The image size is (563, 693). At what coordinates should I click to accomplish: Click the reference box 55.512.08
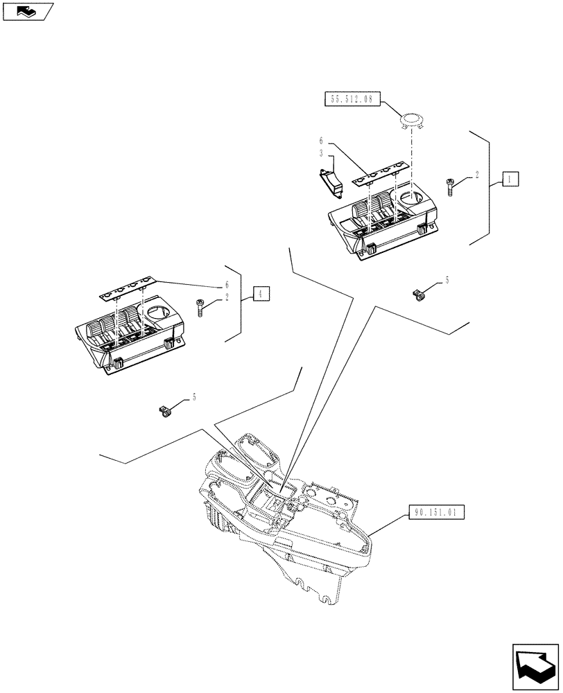349,99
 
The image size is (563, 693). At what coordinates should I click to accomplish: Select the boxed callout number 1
510,179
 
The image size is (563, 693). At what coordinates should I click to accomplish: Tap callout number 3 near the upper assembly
322,152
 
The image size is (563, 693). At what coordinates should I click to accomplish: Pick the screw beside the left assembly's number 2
200,307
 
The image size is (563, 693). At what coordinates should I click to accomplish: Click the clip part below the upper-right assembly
418,296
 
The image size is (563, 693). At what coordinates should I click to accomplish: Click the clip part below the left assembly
164,412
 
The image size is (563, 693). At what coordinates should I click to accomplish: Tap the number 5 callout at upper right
447,279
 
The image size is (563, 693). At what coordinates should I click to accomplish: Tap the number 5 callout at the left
194,396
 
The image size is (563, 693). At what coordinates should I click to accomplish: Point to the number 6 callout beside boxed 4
226,285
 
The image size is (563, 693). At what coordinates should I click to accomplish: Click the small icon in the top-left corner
28,10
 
